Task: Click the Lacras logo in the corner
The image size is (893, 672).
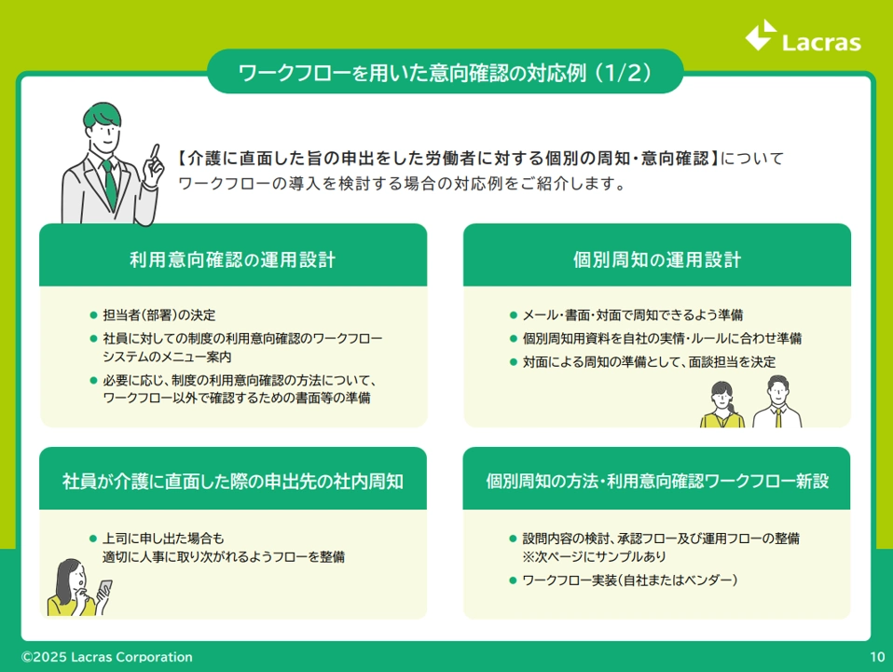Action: coord(803,36)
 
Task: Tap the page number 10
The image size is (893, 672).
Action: coord(877,656)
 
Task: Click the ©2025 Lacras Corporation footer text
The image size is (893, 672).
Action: coord(107,656)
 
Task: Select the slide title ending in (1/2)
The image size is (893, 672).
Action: coord(445,73)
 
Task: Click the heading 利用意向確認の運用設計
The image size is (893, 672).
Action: coord(232,259)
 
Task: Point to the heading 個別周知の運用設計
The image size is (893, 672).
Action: coord(656,259)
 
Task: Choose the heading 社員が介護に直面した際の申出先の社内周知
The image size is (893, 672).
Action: coord(232,481)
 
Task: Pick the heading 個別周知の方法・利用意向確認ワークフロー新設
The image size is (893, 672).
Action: coord(656,481)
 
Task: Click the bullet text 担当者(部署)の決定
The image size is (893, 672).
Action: coord(158,315)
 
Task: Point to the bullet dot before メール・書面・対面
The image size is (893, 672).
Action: coord(513,315)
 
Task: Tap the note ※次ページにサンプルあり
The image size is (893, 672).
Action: coord(594,556)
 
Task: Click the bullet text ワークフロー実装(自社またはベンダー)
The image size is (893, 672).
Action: coord(630,581)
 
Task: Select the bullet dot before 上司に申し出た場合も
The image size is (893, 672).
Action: coord(93,538)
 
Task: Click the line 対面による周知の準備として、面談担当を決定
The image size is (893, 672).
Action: coord(650,362)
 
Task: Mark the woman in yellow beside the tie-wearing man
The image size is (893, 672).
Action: coord(721,404)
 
